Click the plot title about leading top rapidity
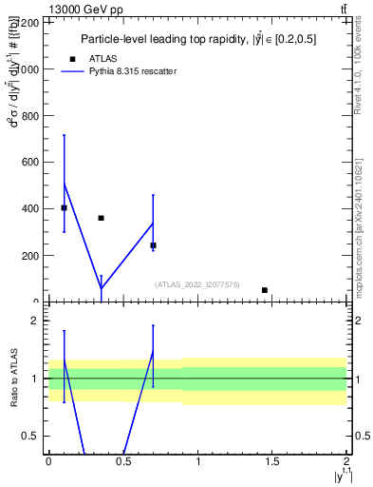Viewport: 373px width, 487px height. pyautogui.click(x=197, y=39)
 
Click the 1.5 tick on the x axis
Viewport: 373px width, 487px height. pyautogui.click(x=273, y=461)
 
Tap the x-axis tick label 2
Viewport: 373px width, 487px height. pyautogui.click(x=347, y=461)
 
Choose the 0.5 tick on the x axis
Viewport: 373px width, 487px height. pyautogui.click(x=123, y=461)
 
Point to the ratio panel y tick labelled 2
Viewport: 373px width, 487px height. pyautogui.click(x=38, y=321)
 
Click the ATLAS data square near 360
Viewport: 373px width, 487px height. pyautogui.click(x=101, y=218)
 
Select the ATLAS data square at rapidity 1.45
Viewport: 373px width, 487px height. pyautogui.click(x=265, y=290)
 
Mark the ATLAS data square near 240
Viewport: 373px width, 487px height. pyautogui.click(x=153, y=245)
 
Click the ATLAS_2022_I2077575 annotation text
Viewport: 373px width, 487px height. pyautogui.click(x=197, y=284)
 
